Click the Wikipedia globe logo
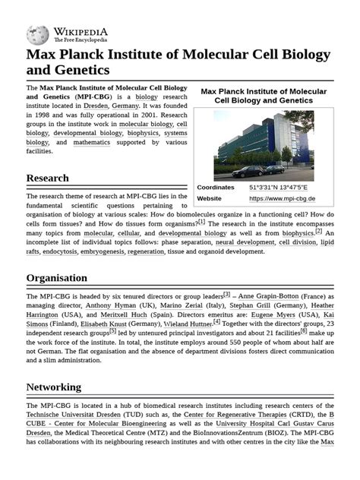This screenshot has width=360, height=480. (x=37, y=33)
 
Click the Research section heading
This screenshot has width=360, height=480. (x=47, y=178)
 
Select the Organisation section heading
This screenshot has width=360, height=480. (x=56, y=278)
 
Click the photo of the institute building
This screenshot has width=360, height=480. (x=263, y=144)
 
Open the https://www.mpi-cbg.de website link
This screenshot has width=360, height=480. (x=282, y=199)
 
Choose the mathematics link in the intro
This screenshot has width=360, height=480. (x=92, y=142)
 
